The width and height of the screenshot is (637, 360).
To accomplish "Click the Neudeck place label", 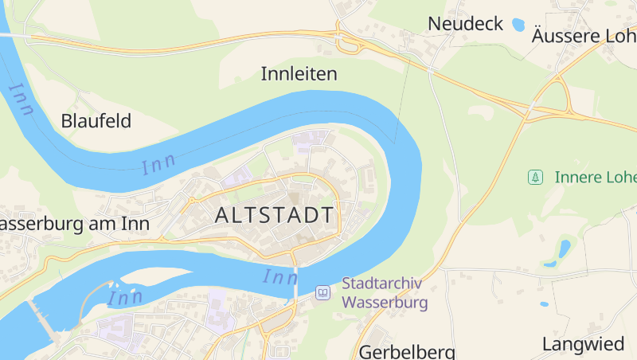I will (x=465, y=24).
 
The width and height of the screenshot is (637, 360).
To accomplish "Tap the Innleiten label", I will (x=299, y=74).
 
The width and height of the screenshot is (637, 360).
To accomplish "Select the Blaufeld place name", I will (x=96, y=121).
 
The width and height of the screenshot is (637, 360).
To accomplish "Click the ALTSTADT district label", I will (x=274, y=215).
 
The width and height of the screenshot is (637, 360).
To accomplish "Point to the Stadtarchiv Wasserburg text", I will (x=385, y=292).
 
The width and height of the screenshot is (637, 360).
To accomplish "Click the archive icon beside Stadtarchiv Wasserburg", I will (x=322, y=293).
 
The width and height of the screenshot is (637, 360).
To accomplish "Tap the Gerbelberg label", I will (x=407, y=351).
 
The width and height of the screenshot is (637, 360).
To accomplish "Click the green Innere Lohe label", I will (x=594, y=177).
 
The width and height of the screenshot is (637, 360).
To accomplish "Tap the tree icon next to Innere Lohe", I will (x=536, y=176).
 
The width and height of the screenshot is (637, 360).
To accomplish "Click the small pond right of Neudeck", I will (x=519, y=24).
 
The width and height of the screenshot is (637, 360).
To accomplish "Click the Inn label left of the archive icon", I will (x=279, y=277).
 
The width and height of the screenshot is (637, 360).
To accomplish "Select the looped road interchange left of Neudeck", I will (x=349, y=41).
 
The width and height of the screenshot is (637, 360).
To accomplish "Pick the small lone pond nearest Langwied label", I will (x=545, y=303).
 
